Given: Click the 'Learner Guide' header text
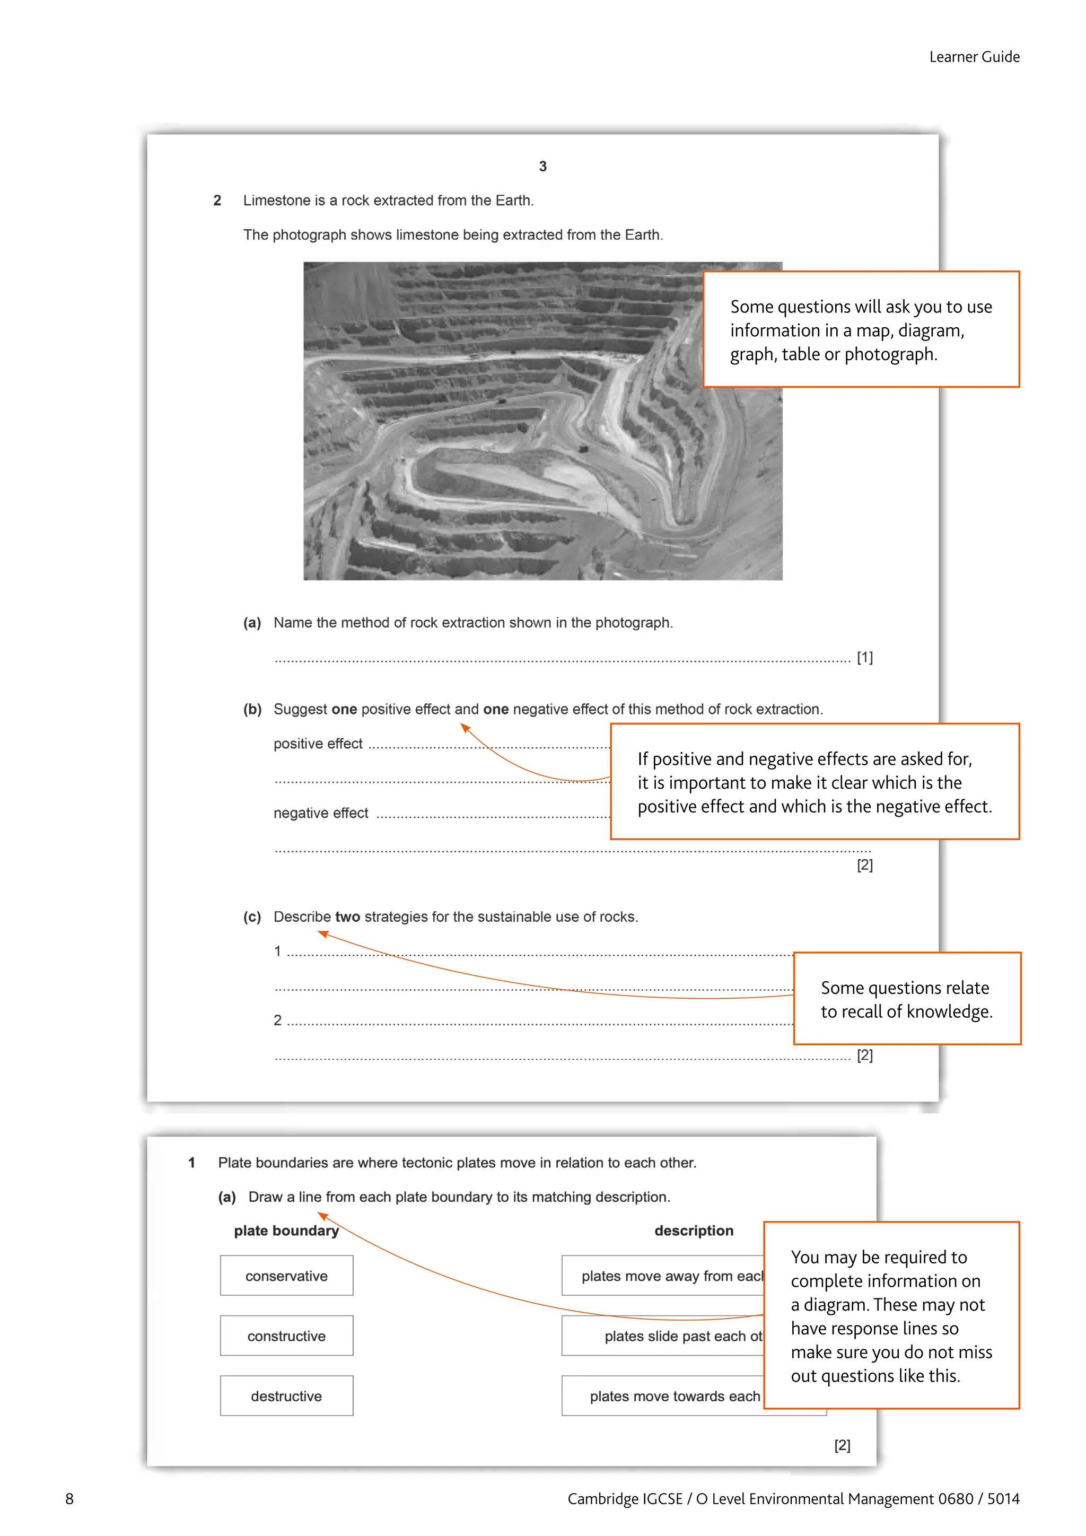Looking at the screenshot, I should (x=974, y=57).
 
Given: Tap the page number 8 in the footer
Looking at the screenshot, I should (x=69, y=1498).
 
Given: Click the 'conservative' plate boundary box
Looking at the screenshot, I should (x=286, y=1276).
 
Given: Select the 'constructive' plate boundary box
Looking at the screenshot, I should (x=286, y=1336).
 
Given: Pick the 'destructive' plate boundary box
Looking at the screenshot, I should (x=286, y=1396).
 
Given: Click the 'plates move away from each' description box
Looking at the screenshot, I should (x=662, y=1276).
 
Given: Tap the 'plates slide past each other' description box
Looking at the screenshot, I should (x=662, y=1336).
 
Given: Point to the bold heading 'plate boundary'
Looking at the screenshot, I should (x=286, y=1231).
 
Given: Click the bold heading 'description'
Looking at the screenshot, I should (x=694, y=1231).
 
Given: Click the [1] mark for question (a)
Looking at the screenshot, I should (x=865, y=658).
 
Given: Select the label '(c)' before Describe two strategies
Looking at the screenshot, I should (x=252, y=917).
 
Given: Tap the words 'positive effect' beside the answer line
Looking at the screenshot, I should (x=318, y=744).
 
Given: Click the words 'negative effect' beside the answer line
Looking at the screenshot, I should (x=320, y=814).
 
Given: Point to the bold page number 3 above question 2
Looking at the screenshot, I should (x=542, y=167).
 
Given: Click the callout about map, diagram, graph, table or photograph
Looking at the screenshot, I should (x=861, y=330).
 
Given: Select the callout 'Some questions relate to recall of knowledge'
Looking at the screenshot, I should (x=906, y=999).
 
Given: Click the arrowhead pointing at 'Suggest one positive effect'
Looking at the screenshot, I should (x=465, y=728).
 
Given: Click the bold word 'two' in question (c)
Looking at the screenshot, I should (x=347, y=917).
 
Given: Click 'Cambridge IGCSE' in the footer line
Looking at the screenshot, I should (x=625, y=1498).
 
